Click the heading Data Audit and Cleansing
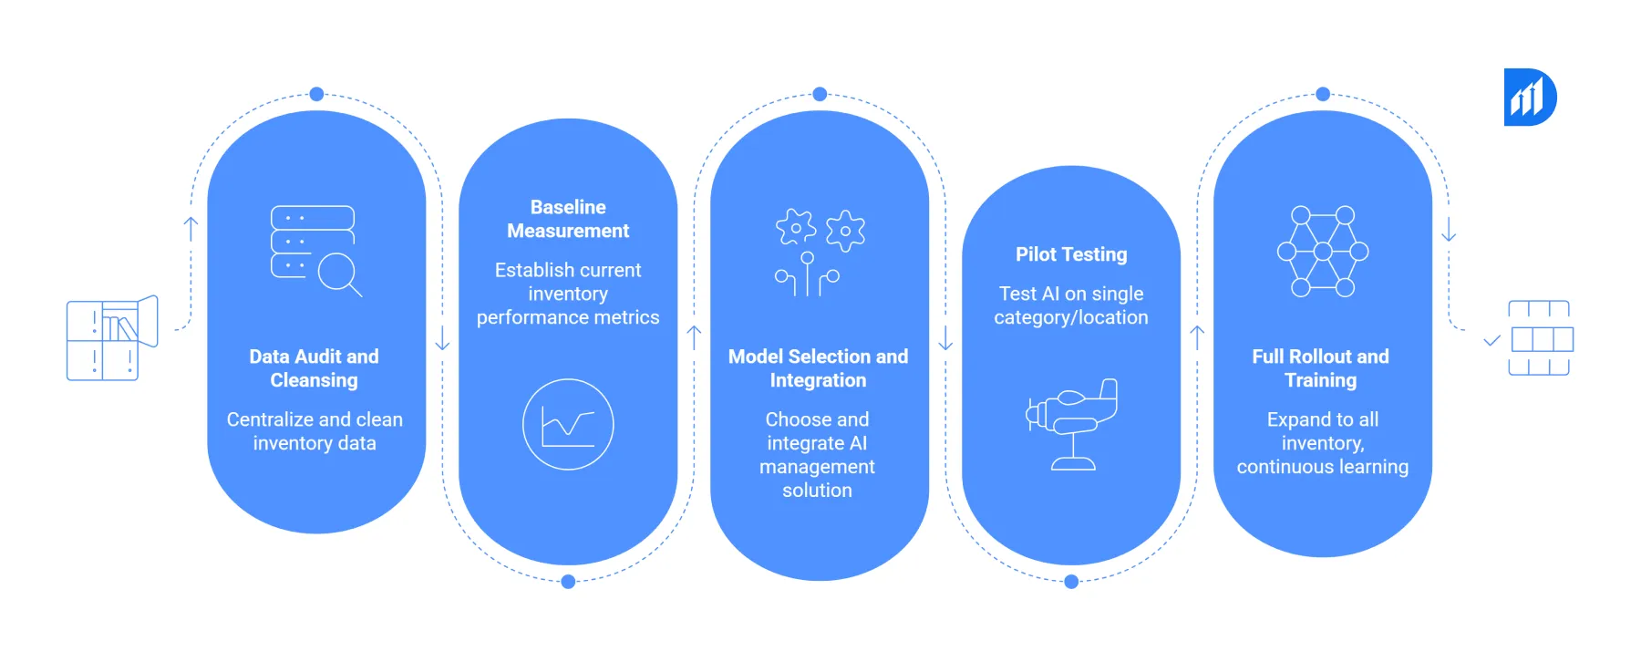[315, 368]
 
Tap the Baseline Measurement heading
[568, 219]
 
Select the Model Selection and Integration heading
[818, 368]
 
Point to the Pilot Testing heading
[1071, 254]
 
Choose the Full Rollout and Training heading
[1321, 368]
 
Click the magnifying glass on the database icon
[339, 273]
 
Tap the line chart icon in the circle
[568, 424]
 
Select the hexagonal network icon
[1323, 252]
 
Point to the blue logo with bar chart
[1530, 97]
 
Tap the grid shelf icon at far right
[1541, 338]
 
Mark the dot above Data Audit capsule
[316, 94]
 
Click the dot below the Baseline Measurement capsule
[568, 582]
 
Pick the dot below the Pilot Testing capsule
[1071, 582]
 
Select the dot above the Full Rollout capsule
[1323, 94]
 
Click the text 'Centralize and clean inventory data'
[315, 431]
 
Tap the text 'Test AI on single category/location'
[1071, 305]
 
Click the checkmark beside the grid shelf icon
[1491, 341]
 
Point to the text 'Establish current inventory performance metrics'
[568, 294]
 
